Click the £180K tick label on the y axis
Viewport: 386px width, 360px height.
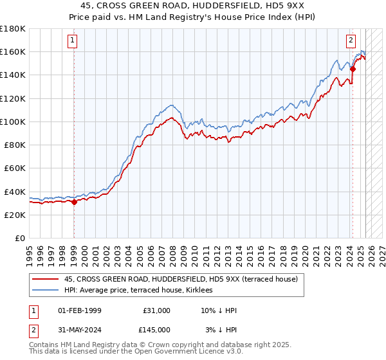point(14,28)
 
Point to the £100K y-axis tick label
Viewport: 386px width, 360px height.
point(14,122)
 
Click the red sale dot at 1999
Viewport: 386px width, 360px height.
point(74,202)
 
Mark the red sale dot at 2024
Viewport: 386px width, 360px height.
point(353,69)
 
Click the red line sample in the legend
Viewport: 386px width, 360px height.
point(46,279)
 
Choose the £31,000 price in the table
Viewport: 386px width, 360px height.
point(156,310)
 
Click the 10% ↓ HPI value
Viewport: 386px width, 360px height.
point(219,310)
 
